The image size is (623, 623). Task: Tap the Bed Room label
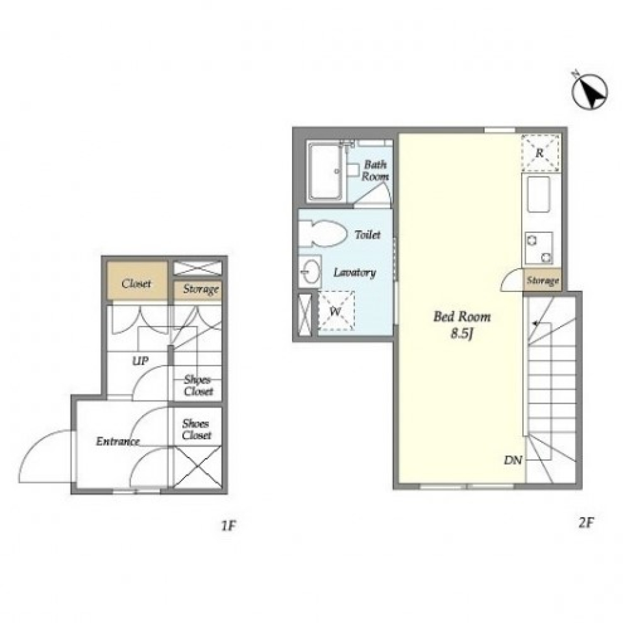(x=461, y=317)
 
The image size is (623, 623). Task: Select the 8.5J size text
(x=461, y=334)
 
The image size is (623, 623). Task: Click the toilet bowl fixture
(x=321, y=234)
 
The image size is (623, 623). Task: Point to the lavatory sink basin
(x=310, y=272)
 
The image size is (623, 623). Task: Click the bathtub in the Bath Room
(x=325, y=171)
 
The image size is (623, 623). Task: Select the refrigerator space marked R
(x=541, y=153)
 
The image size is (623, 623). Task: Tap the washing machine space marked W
(x=336, y=311)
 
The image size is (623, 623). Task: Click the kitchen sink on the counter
(x=539, y=194)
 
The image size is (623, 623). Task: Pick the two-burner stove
(x=539, y=248)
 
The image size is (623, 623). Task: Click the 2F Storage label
(x=543, y=280)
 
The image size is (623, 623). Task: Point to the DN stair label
(x=513, y=460)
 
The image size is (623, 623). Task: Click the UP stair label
(x=140, y=361)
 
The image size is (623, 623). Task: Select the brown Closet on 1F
(x=137, y=280)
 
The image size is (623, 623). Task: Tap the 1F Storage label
(x=201, y=289)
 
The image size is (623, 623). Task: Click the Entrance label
(x=118, y=441)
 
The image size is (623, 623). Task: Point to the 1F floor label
(x=228, y=526)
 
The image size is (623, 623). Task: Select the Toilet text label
(x=367, y=235)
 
